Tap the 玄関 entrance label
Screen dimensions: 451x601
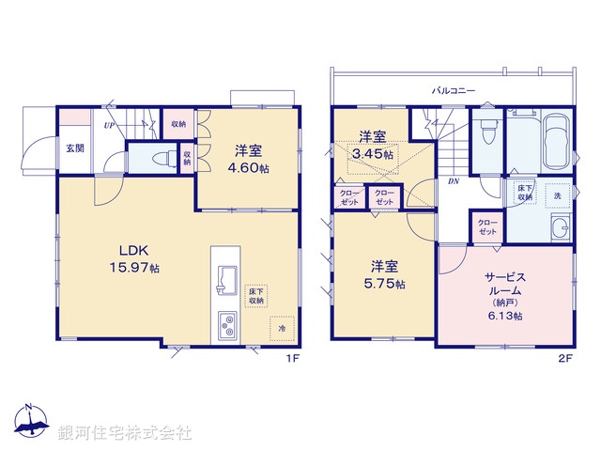tap(75, 147)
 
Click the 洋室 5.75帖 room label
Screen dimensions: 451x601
tap(386, 274)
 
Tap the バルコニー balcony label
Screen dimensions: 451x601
tap(454, 92)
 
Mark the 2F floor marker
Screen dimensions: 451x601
tap(563, 359)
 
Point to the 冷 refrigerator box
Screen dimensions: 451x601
tap(280, 329)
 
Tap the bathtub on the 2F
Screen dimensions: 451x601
tap(556, 141)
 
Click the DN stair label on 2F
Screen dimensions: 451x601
tap(453, 181)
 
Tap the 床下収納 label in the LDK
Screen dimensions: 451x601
tap(255, 297)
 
